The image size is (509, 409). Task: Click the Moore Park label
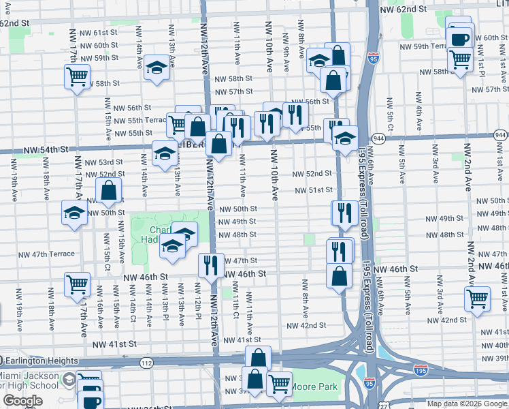[315, 387]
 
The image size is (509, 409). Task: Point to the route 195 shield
[421, 369]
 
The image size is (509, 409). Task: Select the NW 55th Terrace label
[139, 119]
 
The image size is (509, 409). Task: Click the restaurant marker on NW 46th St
[211, 264]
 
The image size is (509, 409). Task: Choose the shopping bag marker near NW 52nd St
[109, 190]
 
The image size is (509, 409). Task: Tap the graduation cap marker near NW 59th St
[157, 67]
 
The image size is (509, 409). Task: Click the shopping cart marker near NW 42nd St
[478, 298]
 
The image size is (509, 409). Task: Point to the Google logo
[22, 401]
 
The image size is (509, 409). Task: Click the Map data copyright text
[467, 404]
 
